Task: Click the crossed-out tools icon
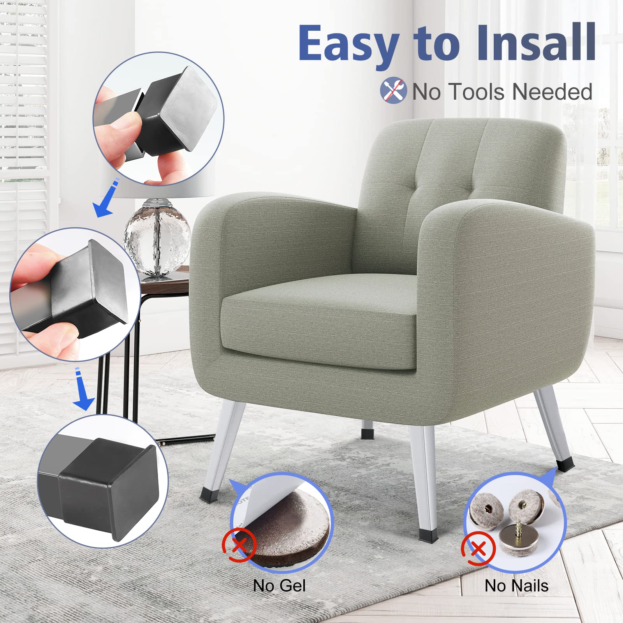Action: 393,90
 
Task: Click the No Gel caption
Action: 279,586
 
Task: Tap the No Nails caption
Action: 516,586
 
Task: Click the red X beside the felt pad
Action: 239,545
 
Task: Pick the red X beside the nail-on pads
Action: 479,549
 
